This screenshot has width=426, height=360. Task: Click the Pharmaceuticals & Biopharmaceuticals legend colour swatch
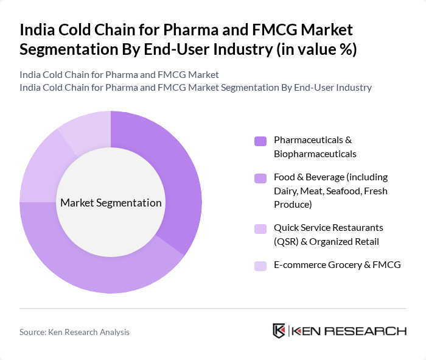tap(260, 141)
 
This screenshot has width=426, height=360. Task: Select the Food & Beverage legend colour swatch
tap(260, 178)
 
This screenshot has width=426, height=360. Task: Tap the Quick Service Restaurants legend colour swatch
tap(260, 229)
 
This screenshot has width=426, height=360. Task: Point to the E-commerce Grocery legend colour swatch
tap(260, 266)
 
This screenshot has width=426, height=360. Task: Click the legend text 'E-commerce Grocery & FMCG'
tap(337, 265)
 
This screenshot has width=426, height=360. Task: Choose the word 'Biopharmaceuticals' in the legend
tap(315, 154)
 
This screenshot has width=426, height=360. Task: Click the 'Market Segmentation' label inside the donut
tap(111, 203)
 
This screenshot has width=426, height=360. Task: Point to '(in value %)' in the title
tap(316, 50)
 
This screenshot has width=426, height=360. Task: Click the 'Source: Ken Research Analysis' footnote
tap(74, 332)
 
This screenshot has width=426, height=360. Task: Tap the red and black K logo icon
tap(279, 331)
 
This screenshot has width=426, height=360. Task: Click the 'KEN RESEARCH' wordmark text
tap(349, 331)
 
